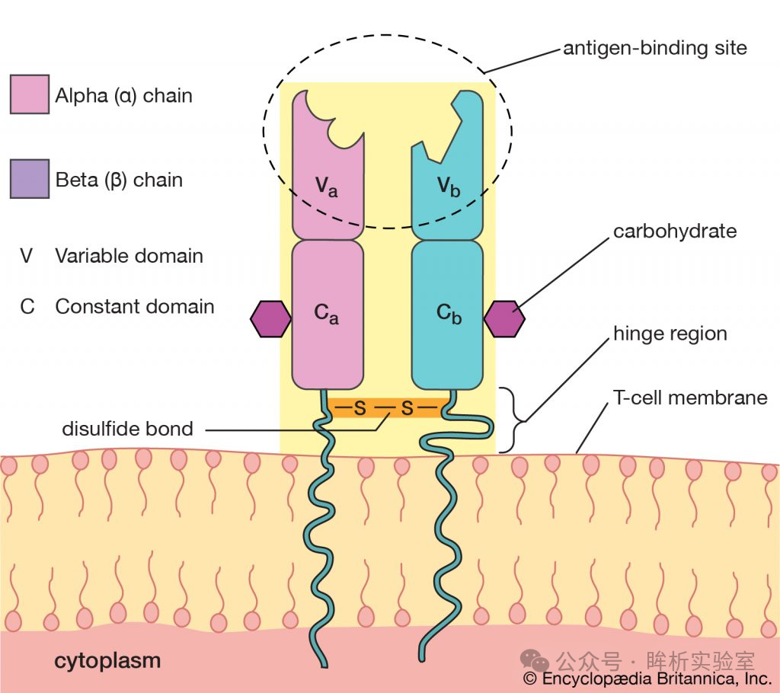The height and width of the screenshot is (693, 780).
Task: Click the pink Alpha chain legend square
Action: click(x=30, y=94)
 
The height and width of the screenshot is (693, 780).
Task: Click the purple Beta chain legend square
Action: click(x=30, y=179)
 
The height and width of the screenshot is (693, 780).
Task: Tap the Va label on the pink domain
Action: click(x=326, y=187)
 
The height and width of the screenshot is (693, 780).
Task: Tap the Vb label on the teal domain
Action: click(x=449, y=187)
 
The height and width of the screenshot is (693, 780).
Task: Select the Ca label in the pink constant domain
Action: click(x=326, y=314)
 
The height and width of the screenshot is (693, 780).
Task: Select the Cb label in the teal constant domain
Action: click(x=449, y=314)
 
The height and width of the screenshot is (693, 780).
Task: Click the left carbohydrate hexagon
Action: click(x=270, y=319)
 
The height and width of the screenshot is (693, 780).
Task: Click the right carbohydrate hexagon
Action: click(x=504, y=319)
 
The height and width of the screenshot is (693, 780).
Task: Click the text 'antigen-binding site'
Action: click(x=654, y=48)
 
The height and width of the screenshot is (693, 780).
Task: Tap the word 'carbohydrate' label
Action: click(x=675, y=232)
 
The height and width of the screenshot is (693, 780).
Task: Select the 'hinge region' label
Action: click(x=670, y=334)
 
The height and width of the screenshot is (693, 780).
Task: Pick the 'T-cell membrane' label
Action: click(x=690, y=398)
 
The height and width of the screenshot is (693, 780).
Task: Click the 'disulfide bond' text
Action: click(x=127, y=429)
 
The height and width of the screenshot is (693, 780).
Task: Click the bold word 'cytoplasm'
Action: click(x=107, y=661)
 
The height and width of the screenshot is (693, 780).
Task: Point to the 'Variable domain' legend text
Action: click(x=129, y=256)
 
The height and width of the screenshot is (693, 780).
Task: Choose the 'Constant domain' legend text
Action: click(x=135, y=306)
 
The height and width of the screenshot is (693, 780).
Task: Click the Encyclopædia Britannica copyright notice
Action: click(x=647, y=679)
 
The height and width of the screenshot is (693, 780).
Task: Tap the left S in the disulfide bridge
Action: click(x=360, y=408)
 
